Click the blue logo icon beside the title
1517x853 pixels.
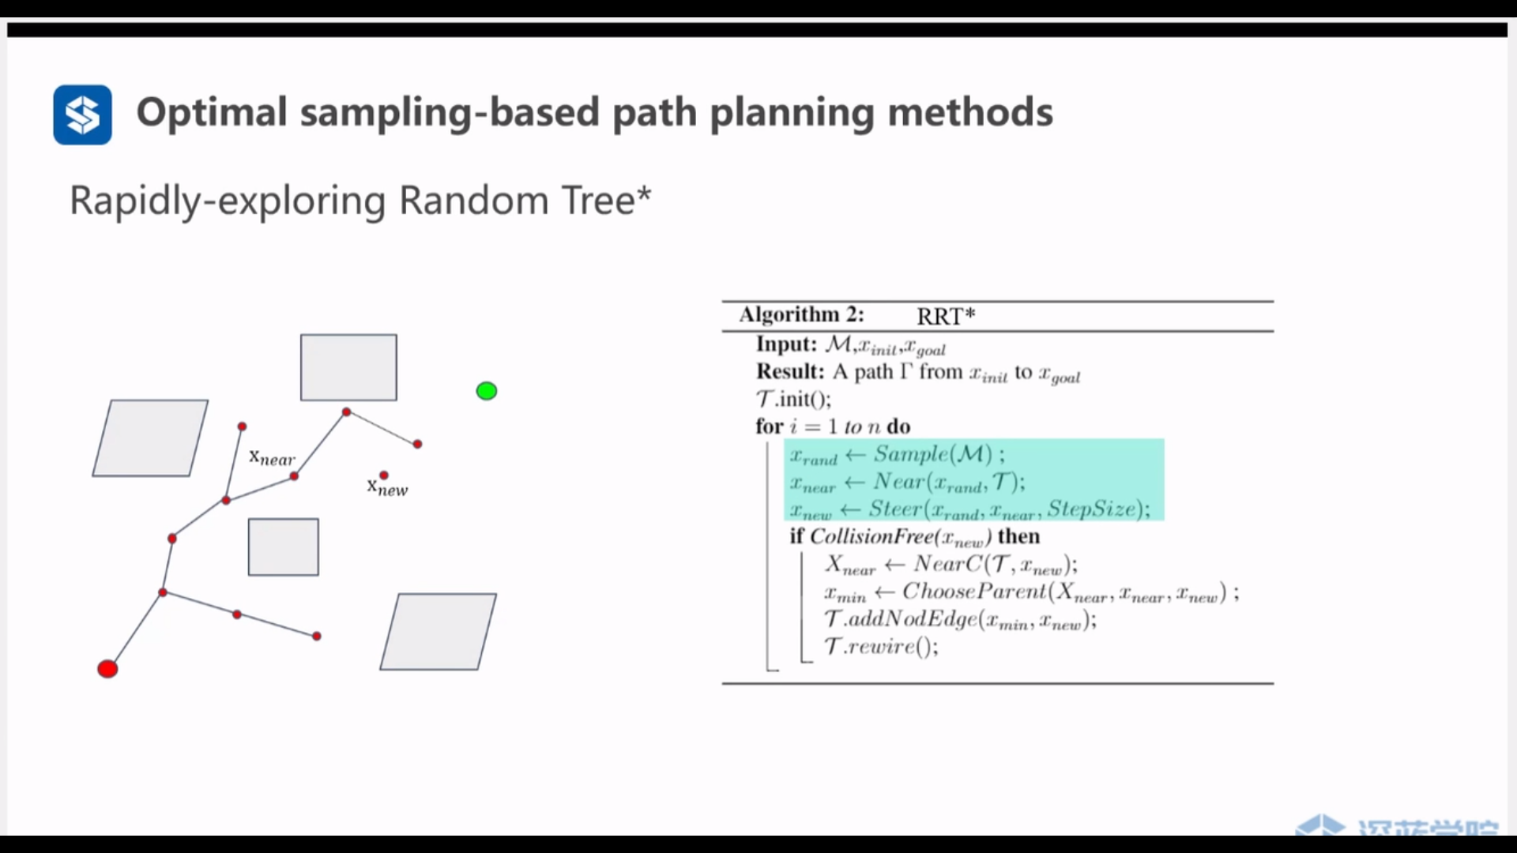coord(82,115)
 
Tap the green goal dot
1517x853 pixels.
coord(487,391)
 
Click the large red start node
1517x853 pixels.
coord(107,669)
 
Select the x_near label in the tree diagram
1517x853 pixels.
coord(272,457)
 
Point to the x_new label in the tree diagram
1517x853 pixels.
coord(387,488)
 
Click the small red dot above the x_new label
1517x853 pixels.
coord(384,475)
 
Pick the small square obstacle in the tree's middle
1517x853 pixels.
coord(283,547)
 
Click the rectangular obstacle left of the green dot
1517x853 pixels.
coord(348,367)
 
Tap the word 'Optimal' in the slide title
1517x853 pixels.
coord(212,112)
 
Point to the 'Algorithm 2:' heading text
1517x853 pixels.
coord(801,314)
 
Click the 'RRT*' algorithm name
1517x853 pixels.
coord(946,316)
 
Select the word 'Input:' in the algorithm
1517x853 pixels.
coord(786,344)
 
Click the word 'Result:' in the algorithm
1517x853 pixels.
coord(790,372)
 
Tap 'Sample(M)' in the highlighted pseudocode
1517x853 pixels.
coord(932,454)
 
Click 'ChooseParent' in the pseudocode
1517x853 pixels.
coord(974,592)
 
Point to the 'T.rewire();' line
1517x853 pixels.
coord(881,647)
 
